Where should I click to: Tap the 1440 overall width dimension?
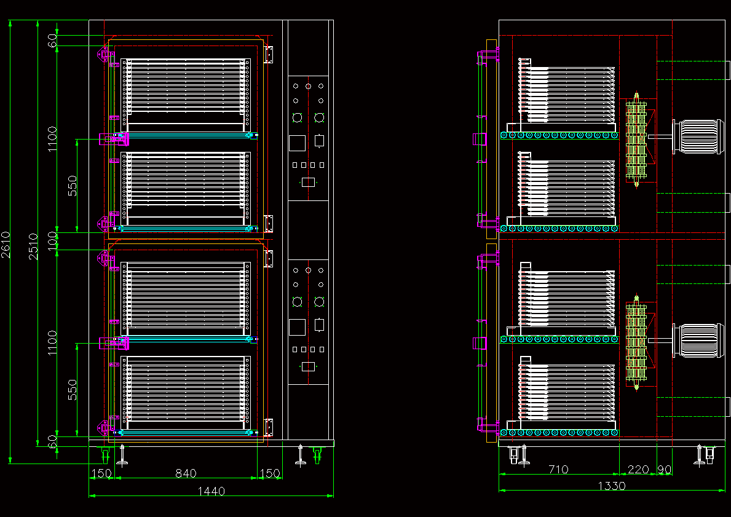click(x=211, y=491)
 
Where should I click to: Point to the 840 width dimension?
click(x=186, y=473)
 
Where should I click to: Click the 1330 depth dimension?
click(x=611, y=486)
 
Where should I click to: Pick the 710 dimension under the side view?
click(x=558, y=470)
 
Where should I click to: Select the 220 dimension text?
click(x=638, y=470)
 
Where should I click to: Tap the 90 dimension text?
click(x=665, y=470)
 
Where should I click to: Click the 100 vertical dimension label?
click(x=53, y=240)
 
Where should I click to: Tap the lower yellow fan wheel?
click(x=636, y=342)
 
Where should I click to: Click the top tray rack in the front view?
click(x=186, y=95)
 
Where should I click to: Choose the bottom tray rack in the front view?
click(x=186, y=393)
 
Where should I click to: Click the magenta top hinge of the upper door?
click(x=106, y=55)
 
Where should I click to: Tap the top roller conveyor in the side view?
click(x=559, y=135)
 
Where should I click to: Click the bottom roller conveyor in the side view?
click(x=559, y=433)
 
